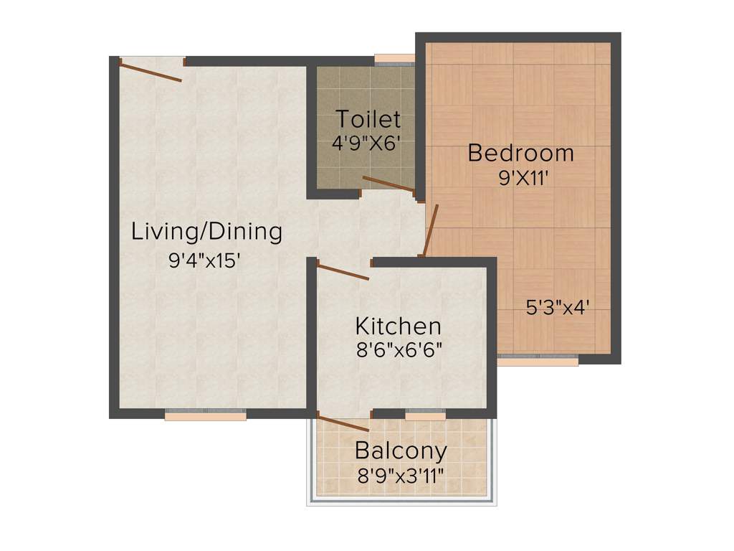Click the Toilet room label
pos(368,118)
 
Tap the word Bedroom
pos(521,153)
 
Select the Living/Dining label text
pos(206,232)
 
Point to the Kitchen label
pos(398,326)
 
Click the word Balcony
pos(401,451)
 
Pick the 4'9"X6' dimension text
pos(365,142)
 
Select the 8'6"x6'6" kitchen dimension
pos(399,351)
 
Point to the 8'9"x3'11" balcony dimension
pos(401,475)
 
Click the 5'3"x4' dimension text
pos(558,308)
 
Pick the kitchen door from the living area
pos(343,271)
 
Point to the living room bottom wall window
pos(206,414)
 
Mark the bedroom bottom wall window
pos(538,359)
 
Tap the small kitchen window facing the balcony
pos(425,415)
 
